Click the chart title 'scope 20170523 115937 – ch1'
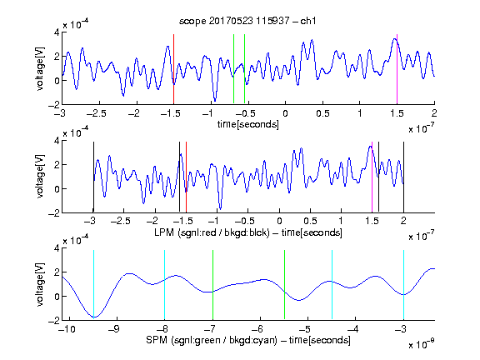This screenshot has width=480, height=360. coord(247,21)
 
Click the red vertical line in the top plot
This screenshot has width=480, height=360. coord(173,69)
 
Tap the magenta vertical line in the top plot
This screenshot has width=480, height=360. coord(397,69)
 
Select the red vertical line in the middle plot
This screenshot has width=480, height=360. coord(186,177)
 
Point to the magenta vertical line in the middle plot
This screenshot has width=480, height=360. coord(372,177)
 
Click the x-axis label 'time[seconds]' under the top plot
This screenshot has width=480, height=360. coord(248,124)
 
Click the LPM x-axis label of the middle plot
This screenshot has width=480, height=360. coord(248,232)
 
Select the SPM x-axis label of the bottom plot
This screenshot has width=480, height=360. coord(248,340)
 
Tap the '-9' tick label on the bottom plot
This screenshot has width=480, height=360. coord(113,329)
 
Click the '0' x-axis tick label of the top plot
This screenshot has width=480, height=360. coord(285,113)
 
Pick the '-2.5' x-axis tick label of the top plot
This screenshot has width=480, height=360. coord(96,113)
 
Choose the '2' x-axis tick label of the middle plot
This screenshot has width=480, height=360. coord(404,221)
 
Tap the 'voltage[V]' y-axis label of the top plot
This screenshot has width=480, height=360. coord(40,68)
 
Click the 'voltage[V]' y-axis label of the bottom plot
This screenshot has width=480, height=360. coord(40,284)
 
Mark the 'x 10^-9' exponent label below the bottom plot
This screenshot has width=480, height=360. coord(422,344)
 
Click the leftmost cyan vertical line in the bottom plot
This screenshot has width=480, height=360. coord(93,284)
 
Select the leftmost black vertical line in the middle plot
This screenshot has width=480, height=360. coord(93,177)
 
